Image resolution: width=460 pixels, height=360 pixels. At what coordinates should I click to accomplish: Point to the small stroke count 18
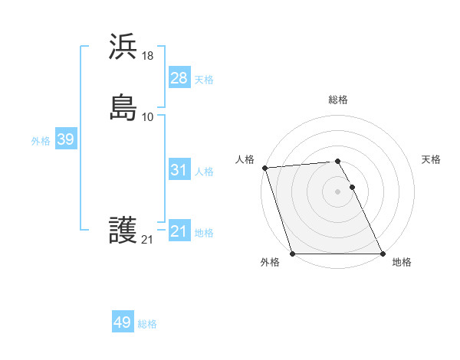[x=148, y=55]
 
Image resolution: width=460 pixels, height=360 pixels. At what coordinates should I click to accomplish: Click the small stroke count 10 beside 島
[x=148, y=116]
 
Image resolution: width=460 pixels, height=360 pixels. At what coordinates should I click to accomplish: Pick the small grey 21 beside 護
[x=148, y=240]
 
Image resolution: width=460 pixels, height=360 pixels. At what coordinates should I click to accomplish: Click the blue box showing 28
[x=179, y=78]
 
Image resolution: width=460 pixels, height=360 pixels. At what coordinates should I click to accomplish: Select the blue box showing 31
[x=179, y=170]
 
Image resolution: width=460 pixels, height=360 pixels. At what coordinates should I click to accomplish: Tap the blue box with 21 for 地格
[x=179, y=231]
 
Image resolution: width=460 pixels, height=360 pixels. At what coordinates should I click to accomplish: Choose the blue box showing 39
[x=65, y=139]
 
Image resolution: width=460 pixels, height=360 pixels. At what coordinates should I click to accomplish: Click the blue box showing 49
[x=123, y=322]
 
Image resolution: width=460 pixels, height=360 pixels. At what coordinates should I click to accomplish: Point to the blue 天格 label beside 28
[x=204, y=80]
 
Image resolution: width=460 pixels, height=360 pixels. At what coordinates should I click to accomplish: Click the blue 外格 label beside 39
[x=41, y=141]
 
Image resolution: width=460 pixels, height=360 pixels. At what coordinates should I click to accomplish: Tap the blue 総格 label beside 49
[x=147, y=324]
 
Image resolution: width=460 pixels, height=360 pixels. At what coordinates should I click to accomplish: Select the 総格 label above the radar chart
[x=338, y=100]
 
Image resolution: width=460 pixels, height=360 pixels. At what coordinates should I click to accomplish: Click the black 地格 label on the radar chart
[x=402, y=262]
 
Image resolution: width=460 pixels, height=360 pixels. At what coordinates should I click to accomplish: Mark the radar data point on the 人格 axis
[x=264, y=168]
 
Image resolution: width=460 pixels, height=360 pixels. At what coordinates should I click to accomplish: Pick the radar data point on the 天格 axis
[x=352, y=187]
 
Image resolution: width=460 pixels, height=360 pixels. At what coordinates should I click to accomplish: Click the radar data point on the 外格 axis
[x=292, y=254]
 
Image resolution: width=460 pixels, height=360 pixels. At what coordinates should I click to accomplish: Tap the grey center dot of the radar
[x=337, y=191]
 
